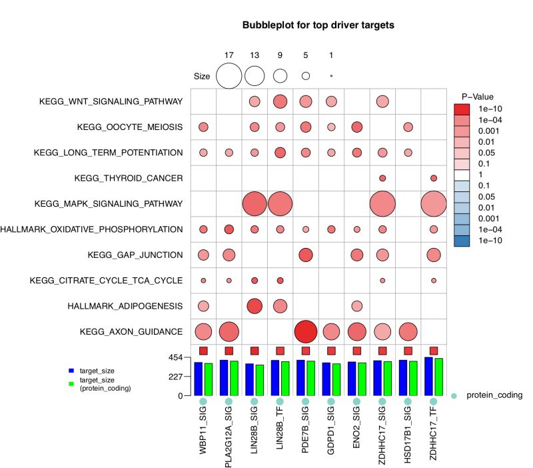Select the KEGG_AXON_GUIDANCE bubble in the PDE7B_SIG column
tap(305, 331)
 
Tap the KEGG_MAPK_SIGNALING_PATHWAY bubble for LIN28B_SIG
tap(254, 203)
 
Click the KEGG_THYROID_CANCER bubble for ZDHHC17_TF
tap(434, 178)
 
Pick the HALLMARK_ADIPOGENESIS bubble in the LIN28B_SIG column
tap(254, 305)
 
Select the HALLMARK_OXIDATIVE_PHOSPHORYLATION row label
tap(92, 229)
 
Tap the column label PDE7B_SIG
tap(306, 433)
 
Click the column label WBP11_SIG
tap(204, 434)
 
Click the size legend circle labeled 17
tap(229, 76)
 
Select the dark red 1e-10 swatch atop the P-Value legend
tap(462, 109)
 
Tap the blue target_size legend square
tap(70, 369)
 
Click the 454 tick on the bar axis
tap(175, 357)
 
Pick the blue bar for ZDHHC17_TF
tap(429, 377)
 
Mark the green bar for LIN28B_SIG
tap(259, 380)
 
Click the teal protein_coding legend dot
tap(454, 395)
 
